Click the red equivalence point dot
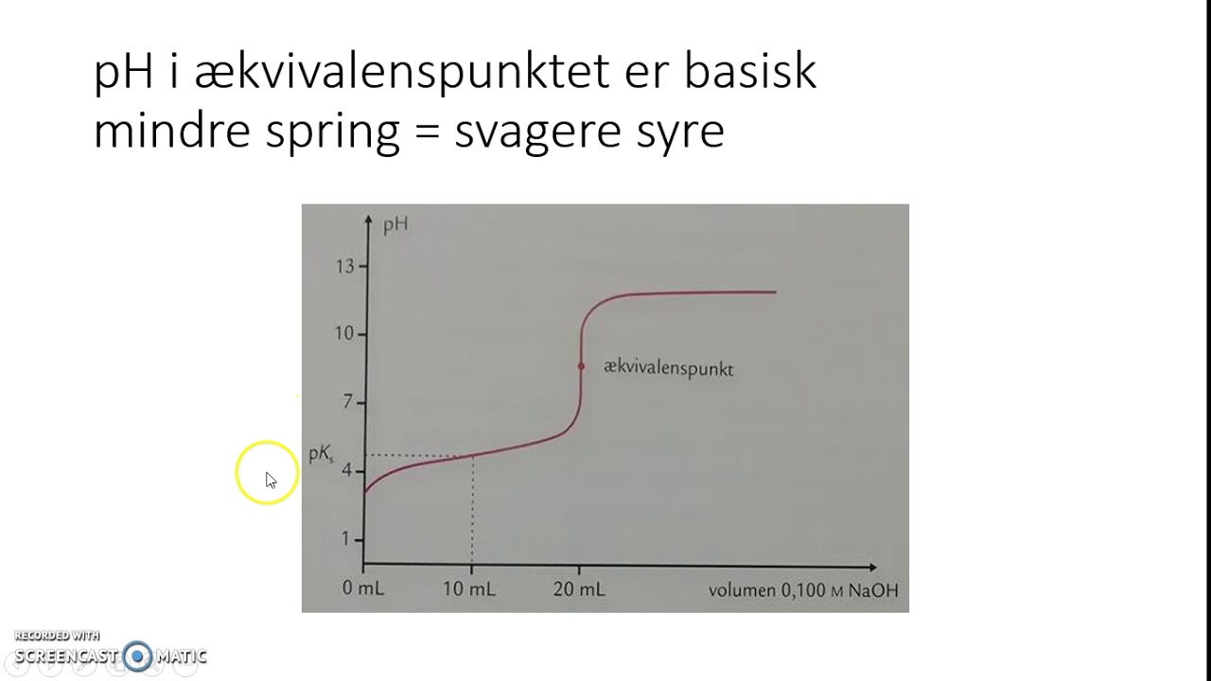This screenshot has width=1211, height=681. click(581, 366)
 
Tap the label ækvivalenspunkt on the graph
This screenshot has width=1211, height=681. click(668, 369)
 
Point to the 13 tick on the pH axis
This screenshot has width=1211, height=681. click(344, 267)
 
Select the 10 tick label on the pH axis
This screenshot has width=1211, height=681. click(343, 334)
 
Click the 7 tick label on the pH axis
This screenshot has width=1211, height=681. click(347, 403)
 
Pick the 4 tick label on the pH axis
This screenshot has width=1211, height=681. click(347, 470)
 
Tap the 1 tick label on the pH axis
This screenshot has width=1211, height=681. click(347, 539)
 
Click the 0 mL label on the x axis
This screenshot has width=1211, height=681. click(363, 589)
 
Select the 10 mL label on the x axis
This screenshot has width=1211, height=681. click(470, 589)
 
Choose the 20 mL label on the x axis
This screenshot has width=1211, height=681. click(580, 589)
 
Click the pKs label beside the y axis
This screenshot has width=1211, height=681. click(322, 455)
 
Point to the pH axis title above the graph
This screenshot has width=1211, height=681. click(395, 226)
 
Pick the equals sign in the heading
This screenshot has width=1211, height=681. click(427, 132)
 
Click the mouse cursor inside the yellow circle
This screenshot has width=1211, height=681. click(270, 479)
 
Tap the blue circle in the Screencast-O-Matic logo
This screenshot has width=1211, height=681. click(138, 655)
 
